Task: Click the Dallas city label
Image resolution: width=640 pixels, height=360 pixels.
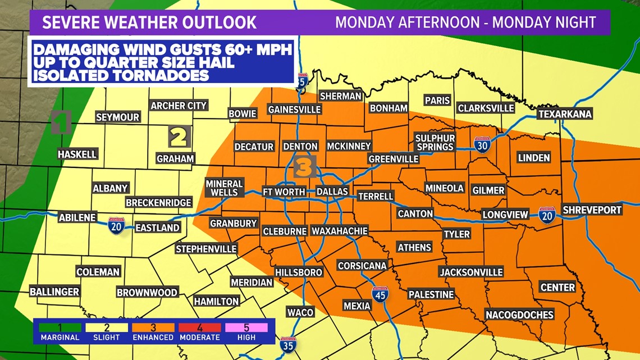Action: [332, 192]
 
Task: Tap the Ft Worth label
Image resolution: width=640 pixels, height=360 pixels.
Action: [284, 192]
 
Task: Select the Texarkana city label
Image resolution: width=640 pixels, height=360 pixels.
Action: [565, 114]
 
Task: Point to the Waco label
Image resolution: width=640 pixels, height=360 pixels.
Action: [300, 312]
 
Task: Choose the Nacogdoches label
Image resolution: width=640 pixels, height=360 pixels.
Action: [519, 315]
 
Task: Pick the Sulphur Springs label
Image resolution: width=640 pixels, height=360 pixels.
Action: [435, 142]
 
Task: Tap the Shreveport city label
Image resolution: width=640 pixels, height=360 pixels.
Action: [592, 209]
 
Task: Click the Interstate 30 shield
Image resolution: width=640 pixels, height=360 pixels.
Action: [482, 145]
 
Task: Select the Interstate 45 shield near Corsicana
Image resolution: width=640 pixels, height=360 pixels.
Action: [380, 294]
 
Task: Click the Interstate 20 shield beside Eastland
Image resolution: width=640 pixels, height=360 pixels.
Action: [116, 226]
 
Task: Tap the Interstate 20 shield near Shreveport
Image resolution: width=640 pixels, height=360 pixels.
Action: [547, 215]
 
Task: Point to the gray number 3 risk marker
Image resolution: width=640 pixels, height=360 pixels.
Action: [304, 167]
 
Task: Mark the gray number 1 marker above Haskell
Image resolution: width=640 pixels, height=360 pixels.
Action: [61, 122]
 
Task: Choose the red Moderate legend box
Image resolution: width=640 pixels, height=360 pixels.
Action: [199, 327]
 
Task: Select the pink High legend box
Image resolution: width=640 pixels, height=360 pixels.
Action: [246, 327]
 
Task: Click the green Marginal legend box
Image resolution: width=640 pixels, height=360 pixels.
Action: [60, 327]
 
